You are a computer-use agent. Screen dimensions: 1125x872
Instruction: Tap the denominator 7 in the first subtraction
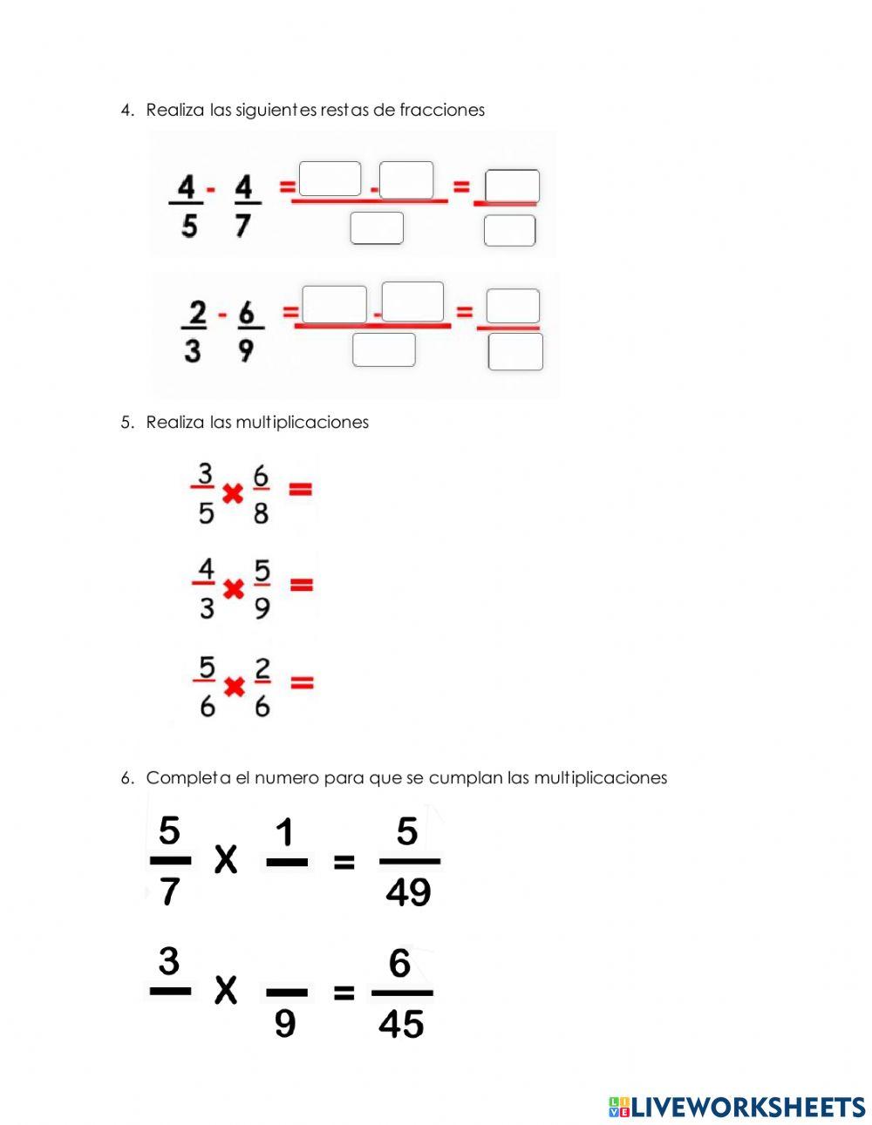tap(243, 225)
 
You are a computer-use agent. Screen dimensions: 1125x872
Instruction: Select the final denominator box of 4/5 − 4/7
tap(509, 231)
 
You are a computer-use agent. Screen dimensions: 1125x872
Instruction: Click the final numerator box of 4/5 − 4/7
tap(512, 186)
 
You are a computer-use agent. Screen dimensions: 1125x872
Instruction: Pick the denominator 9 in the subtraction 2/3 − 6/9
tap(247, 350)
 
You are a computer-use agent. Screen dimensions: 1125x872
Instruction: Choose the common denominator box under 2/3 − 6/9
tap(384, 349)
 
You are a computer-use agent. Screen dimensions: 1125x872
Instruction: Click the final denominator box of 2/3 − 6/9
tap(515, 352)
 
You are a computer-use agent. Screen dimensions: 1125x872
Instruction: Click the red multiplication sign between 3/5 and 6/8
tap(232, 495)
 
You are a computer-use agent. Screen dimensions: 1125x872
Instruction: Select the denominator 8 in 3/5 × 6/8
tap(261, 512)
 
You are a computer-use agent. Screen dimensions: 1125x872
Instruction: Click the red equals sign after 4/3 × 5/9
tap(301, 586)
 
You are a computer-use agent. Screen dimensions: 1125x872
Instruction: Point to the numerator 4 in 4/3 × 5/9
tap(206, 569)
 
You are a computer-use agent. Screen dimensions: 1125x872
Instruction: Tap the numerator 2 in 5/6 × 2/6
tap(262, 669)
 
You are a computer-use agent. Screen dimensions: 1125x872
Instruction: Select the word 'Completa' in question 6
tap(188, 778)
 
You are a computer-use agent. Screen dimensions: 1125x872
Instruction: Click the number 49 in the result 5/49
tap(408, 892)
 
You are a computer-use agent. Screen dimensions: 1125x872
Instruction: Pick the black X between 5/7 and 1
tap(226, 860)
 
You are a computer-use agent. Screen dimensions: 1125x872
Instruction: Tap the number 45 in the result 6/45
tap(401, 1024)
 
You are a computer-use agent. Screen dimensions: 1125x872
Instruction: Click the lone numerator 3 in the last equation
tap(168, 962)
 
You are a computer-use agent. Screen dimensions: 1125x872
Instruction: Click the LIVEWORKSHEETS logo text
tap(747, 1107)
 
